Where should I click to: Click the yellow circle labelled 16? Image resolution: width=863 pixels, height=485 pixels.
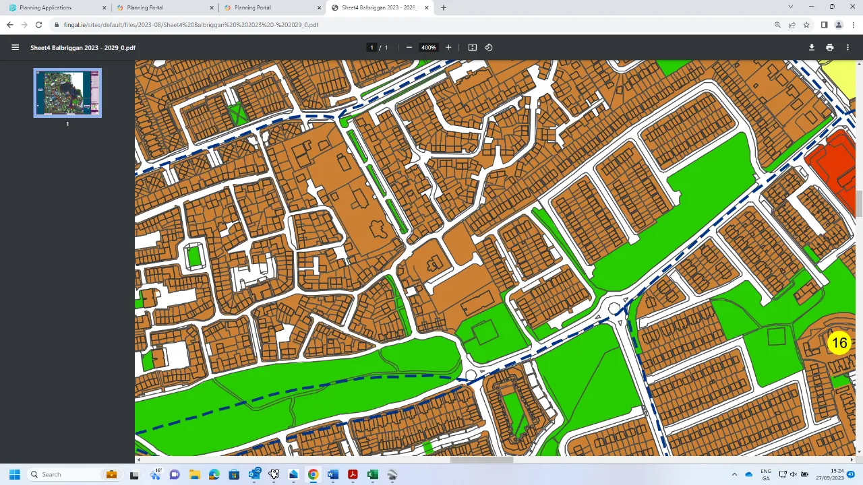[839, 343]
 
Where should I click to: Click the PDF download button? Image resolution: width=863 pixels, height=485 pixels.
[812, 47]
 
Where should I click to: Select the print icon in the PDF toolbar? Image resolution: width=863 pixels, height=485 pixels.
[829, 47]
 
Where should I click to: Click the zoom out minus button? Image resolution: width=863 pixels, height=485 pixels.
[409, 47]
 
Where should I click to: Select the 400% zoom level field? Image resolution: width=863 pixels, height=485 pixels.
[428, 47]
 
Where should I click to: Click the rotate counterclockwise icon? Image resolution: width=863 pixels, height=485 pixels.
[489, 47]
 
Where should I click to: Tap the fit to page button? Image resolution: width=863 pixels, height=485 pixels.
[473, 47]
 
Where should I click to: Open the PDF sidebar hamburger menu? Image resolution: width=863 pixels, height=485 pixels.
[15, 47]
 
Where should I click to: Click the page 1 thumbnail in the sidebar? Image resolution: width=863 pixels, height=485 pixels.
[67, 93]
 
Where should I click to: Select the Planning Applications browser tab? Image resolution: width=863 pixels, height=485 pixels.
[54, 7]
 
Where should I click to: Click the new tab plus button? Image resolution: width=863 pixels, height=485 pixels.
[443, 7]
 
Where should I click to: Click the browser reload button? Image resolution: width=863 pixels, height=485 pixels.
[38, 25]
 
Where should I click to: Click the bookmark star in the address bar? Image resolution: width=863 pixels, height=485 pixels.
[806, 25]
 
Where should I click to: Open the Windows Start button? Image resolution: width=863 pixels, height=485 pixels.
[14, 474]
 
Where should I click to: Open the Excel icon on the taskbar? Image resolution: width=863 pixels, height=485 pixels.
[372, 474]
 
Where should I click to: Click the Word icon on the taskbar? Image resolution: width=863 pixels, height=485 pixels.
[332, 474]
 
